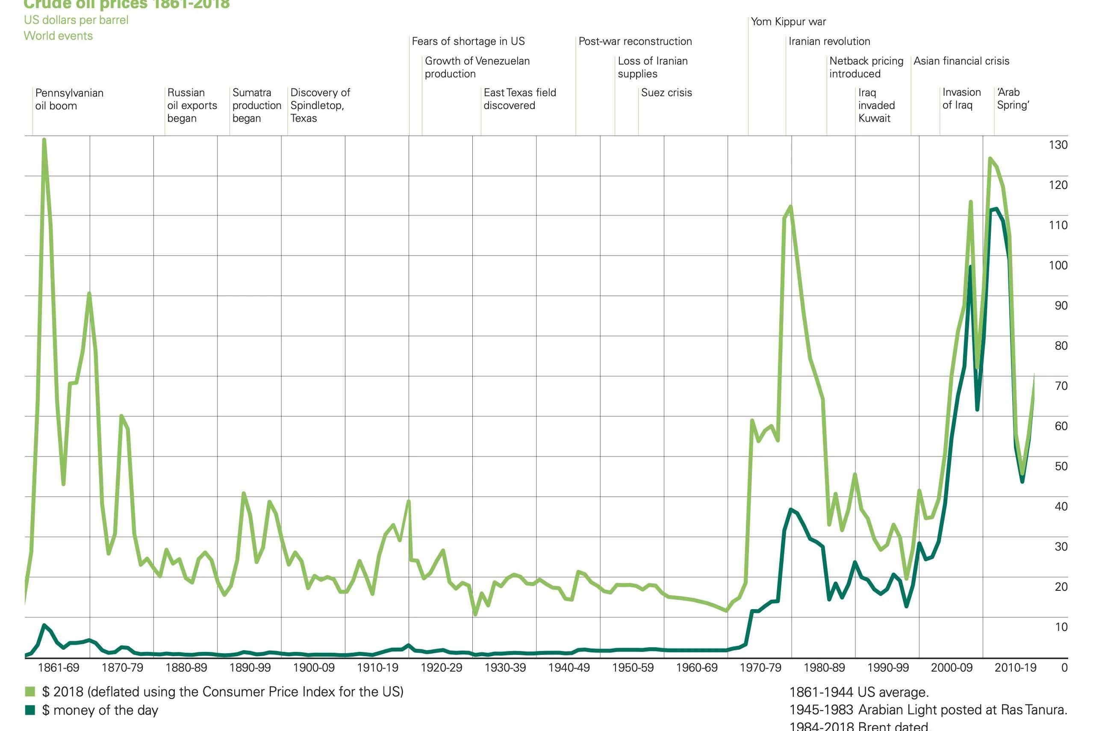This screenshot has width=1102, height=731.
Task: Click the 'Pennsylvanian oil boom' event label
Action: click(69, 99)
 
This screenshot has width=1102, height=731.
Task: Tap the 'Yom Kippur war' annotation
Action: click(788, 21)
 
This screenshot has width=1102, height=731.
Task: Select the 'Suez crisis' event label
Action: click(666, 92)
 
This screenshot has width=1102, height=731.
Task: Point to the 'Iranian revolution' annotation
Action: click(829, 41)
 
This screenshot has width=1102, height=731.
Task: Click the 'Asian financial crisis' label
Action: click(961, 61)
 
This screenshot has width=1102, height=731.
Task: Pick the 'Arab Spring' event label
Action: click(1013, 98)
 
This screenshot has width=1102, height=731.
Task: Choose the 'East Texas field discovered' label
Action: click(519, 99)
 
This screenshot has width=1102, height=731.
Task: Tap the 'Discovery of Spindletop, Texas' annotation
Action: click(320, 105)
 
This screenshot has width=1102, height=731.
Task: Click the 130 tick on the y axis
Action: click(1058, 145)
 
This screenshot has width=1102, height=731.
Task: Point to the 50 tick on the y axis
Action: click(1061, 466)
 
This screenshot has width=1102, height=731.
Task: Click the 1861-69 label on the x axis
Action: click(58, 668)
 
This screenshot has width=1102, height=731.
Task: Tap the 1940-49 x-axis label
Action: click(569, 668)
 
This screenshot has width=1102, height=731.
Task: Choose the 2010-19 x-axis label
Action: click(1015, 668)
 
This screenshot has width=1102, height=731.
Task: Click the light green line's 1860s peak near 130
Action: click(44, 139)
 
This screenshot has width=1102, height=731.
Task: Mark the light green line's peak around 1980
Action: click(791, 206)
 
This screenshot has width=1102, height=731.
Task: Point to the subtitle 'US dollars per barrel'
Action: click(76, 20)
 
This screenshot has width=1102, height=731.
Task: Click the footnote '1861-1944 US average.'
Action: click(859, 692)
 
